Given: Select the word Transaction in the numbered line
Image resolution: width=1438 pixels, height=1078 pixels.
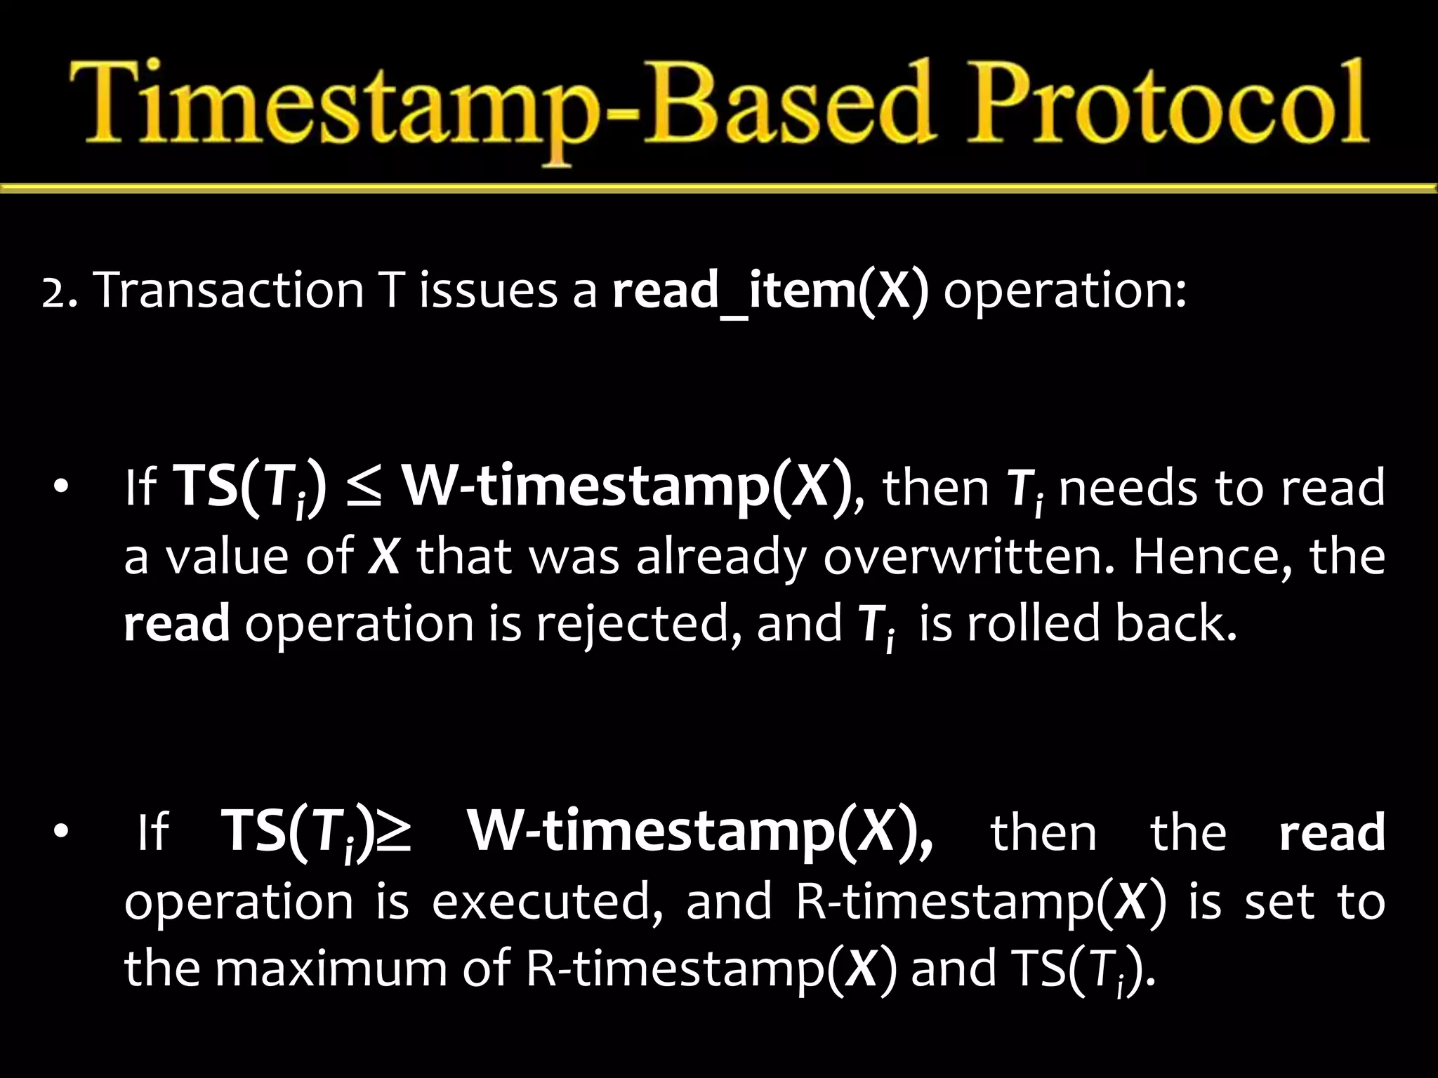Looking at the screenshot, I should tap(228, 290).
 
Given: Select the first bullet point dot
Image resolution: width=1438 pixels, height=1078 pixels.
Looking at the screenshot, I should tap(61, 487).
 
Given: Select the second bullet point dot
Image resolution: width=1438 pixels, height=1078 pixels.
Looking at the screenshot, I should tap(61, 832).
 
